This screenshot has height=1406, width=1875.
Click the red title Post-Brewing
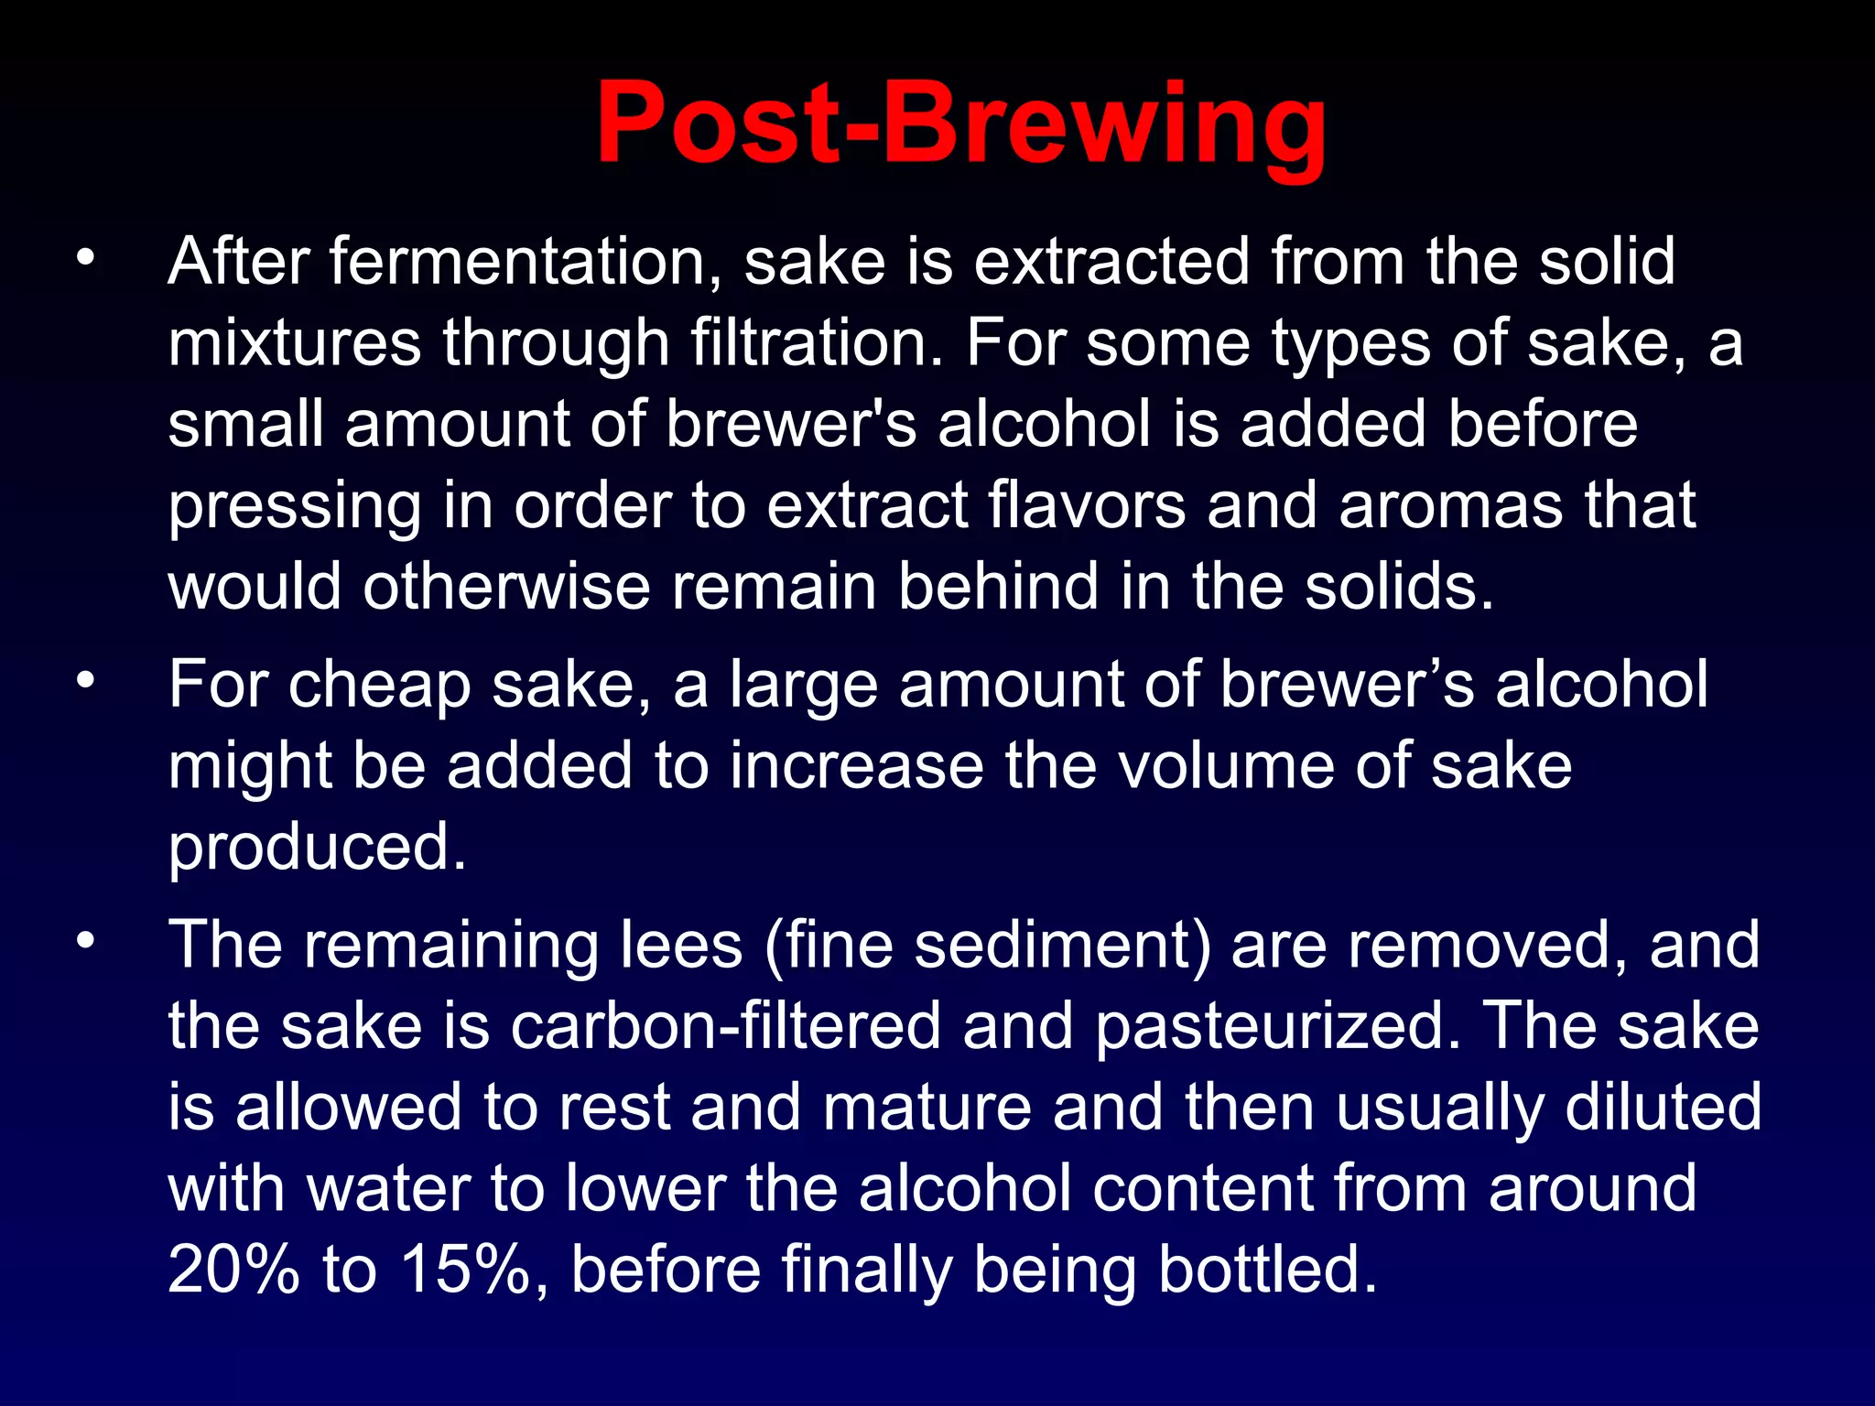(x=960, y=124)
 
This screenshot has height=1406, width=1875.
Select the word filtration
(x=816, y=343)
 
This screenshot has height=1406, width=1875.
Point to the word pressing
(x=294, y=506)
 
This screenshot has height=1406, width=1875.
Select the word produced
(x=317, y=848)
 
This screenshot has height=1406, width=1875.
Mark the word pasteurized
(x=1277, y=1026)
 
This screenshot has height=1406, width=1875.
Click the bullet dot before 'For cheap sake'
(x=86, y=680)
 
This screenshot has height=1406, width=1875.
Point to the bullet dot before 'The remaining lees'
(x=86, y=940)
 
